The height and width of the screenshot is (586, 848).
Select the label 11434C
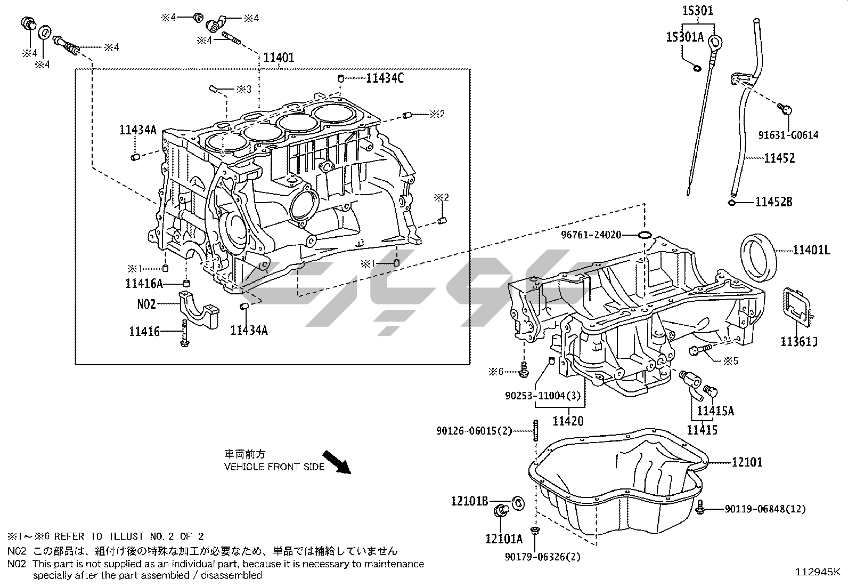(x=385, y=78)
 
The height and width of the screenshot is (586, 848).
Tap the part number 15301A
(x=684, y=37)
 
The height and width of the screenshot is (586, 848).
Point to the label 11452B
(x=774, y=202)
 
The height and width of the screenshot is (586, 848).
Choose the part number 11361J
(x=798, y=342)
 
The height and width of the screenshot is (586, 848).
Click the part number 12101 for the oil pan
(x=747, y=462)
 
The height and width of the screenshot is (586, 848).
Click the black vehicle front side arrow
(x=337, y=462)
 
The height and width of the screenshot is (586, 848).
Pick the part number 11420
(x=568, y=421)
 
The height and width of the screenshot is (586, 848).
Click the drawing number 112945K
(x=818, y=573)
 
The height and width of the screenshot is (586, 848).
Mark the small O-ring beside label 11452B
(x=732, y=202)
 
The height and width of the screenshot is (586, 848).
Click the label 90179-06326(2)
(x=542, y=557)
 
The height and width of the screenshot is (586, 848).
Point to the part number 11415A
(x=715, y=411)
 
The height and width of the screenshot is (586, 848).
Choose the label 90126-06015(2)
(x=474, y=430)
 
